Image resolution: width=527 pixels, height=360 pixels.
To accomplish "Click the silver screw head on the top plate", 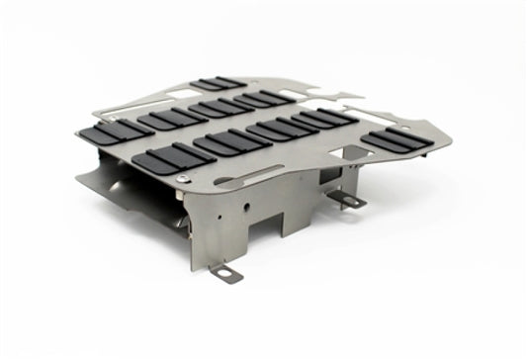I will (186, 177).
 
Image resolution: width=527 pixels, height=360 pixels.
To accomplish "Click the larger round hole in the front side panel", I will (236, 211).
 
